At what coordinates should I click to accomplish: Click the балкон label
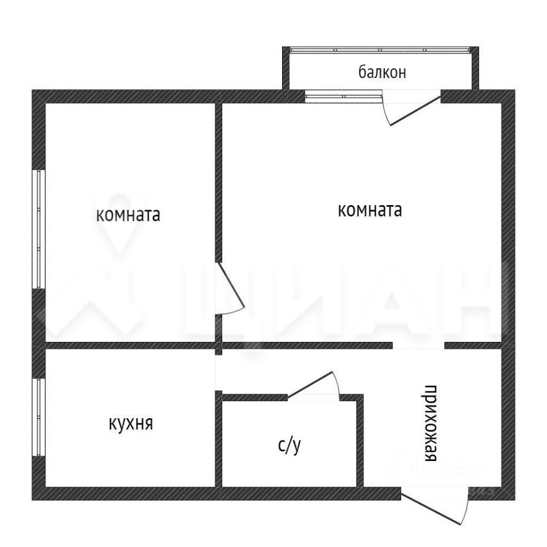pos(382,72)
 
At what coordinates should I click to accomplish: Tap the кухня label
pos(131,424)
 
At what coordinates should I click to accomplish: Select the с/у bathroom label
pos(289,446)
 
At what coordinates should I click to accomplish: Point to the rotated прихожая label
pos(431,423)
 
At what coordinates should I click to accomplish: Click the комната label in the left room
pos(128,215)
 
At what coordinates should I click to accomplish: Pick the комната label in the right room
pos(370,210)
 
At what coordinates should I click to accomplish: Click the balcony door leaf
pos(415,111)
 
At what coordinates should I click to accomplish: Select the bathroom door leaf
pos(310,384)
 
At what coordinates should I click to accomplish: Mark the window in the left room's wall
pos(39,229)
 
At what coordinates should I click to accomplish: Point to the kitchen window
pos(39,417)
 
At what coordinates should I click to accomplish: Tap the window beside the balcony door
pos(344,96)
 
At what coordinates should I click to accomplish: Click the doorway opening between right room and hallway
pos(419,345)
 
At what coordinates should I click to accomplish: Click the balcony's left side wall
pos(285,68)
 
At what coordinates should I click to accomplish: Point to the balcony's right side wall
pos(475,68)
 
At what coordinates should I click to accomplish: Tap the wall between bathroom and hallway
pos(360,440)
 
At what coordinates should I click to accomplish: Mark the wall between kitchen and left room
pos(130,345)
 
